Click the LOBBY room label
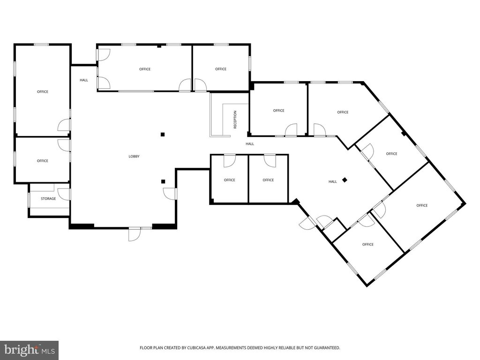point(134,157)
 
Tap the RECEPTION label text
point(235,120)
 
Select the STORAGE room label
point(48,199)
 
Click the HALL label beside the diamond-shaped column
point(332,181)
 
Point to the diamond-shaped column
point(345,180)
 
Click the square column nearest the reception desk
point(163,134)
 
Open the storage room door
point(64,195)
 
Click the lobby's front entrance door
point(135,234)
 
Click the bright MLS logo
point(29,350)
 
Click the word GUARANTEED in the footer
point(328,348)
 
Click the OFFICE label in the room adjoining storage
point(43,161)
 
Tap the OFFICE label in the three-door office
point(145,69)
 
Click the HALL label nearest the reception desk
point(250,144)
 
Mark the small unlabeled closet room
point(335,229)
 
